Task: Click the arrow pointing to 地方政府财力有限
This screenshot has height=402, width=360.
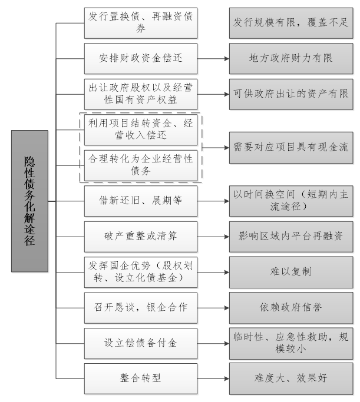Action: click(213, 58)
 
